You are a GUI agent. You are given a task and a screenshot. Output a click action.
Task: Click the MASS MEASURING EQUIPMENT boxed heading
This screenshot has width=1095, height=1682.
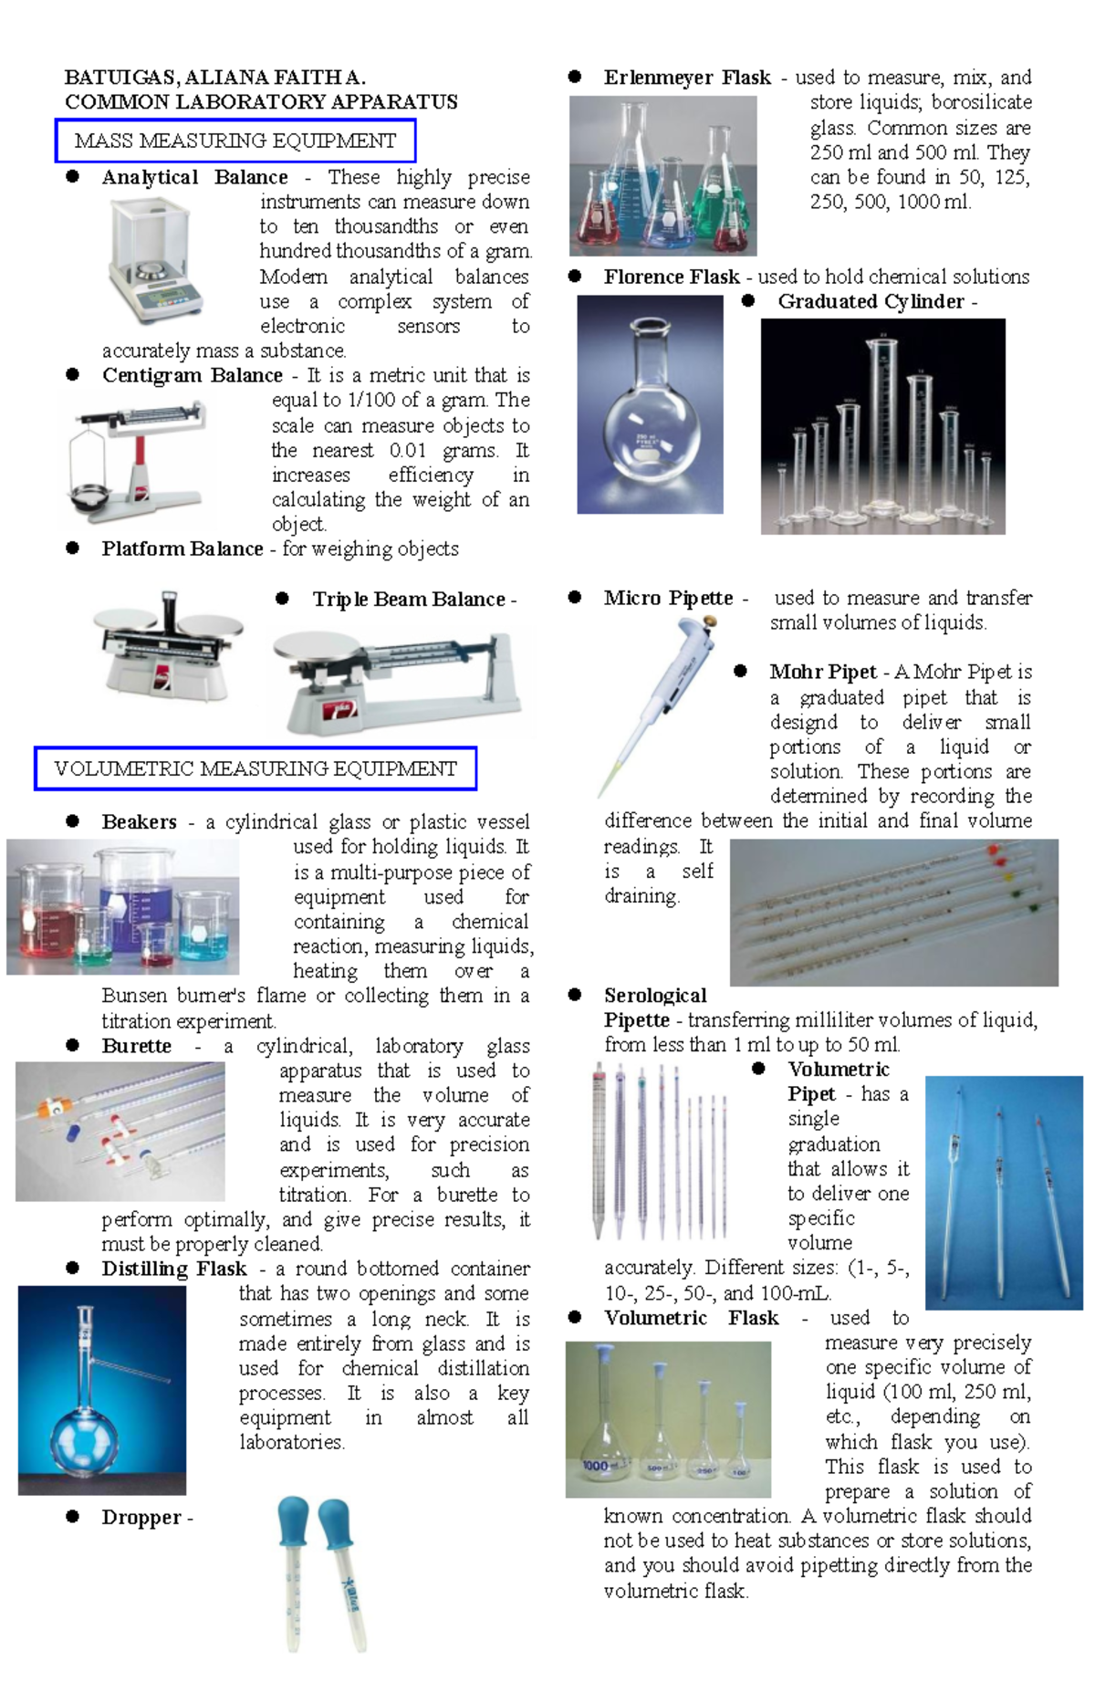(235, 141)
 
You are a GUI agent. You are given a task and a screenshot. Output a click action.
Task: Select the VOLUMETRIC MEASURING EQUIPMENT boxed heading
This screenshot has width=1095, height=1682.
(255, 769)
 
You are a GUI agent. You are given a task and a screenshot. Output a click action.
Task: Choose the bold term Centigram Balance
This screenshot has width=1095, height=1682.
(192, 375)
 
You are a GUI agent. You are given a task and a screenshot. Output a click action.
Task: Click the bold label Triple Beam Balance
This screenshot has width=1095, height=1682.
(408, 600)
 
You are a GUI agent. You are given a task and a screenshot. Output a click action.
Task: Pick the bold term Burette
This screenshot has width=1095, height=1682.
(136, 1046)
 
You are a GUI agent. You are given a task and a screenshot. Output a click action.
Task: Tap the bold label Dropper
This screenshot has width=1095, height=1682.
(141, 1518)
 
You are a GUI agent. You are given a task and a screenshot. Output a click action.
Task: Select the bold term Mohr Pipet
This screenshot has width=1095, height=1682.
(822, 673)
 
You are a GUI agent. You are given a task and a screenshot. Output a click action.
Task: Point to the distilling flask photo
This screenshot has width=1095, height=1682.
(101, 1389)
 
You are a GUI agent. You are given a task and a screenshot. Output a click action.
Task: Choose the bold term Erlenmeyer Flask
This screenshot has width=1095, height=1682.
(686, 78)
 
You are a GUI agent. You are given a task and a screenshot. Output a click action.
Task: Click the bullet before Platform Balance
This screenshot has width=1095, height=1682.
(73, 548)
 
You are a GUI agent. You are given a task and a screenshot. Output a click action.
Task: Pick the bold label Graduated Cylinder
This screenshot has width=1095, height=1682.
(871, 302)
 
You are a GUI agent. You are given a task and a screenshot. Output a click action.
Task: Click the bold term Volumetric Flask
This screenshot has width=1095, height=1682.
(691, 1318)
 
